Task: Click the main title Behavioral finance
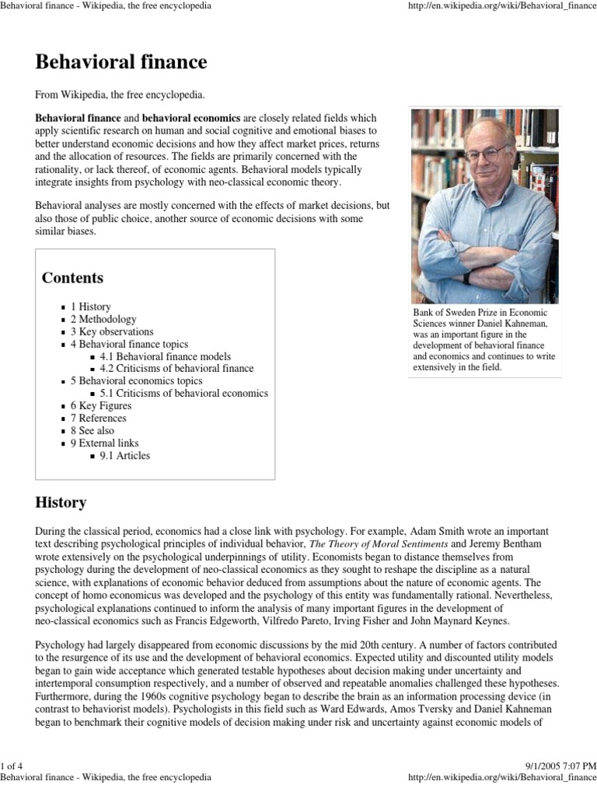[x=121, y=61]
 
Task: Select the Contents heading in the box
[x=72, y=278]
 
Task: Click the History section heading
[x=61, y=502]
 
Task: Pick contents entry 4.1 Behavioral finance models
[x=165, y=356]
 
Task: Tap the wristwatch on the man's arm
[x=466, y=277]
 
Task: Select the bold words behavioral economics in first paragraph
[x=191, y=116]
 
